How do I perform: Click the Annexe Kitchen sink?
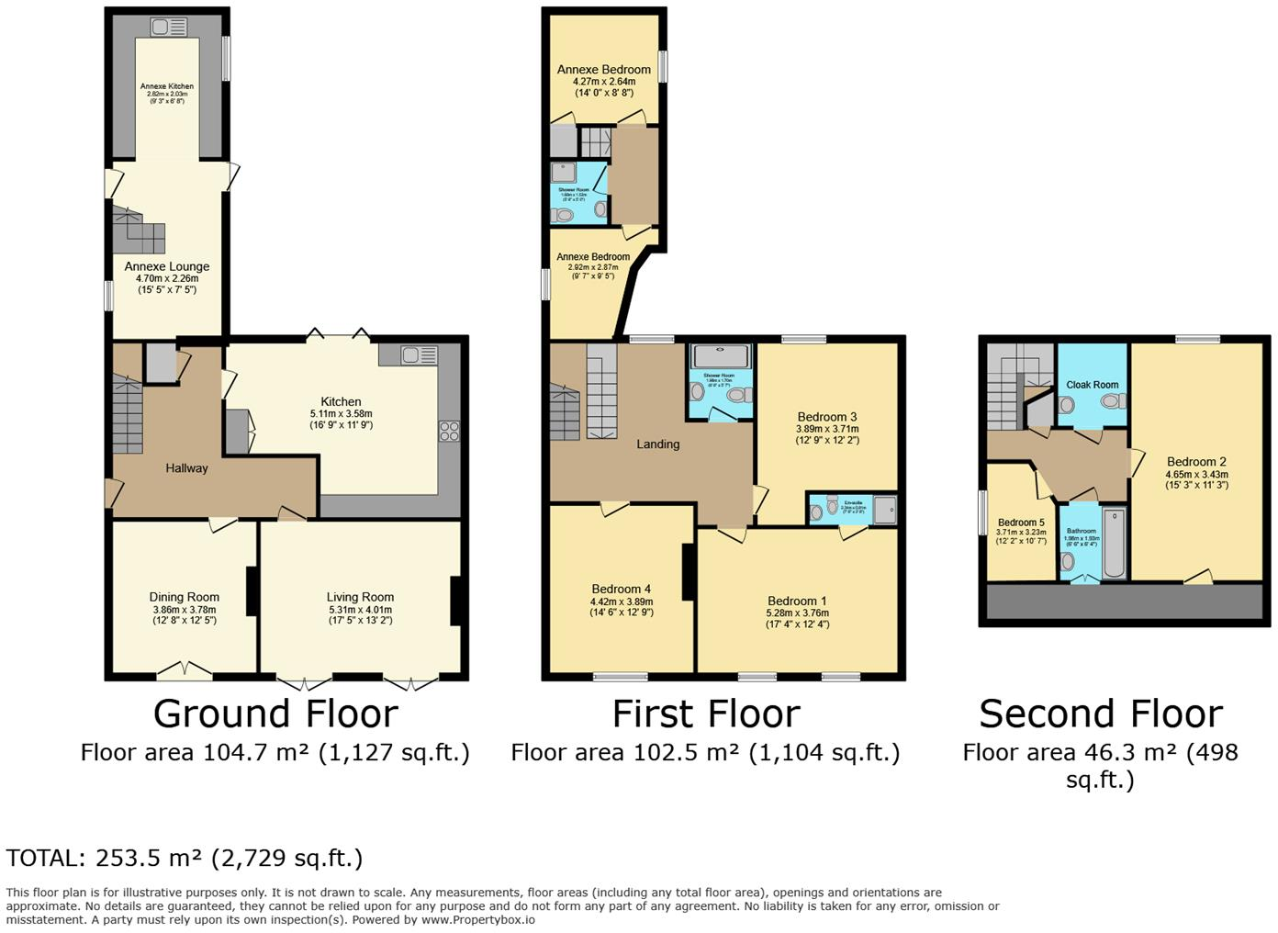click(167, 28)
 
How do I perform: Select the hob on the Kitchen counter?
click(449, 431)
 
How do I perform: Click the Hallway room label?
click(186, 468)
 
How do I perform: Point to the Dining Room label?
click(185, 597)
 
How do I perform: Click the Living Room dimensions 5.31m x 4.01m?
click(360, 610)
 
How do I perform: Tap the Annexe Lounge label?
click(167, 267)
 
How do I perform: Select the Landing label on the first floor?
click(658, 444)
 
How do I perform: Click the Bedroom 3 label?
click(827, 417)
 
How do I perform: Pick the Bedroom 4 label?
click(622, 590)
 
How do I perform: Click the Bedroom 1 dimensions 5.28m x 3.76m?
click(798, 613)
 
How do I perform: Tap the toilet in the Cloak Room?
click(1113, 401)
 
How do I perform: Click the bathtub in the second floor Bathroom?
click(1114, 543)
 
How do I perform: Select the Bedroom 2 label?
click(1196, 462)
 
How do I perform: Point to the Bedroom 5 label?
click(1021, 523)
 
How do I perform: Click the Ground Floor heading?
click(275, 714)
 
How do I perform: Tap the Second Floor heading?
click(1100, 714)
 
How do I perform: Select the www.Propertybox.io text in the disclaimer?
click(477, 919)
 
